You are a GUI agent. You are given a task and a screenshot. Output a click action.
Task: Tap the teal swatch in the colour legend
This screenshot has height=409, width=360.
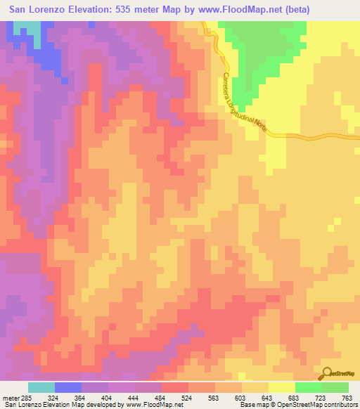[41, 387]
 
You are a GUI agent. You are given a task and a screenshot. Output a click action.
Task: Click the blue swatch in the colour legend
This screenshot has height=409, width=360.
[67, 387]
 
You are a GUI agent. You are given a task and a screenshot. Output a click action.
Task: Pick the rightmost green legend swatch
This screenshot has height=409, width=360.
[335, 387]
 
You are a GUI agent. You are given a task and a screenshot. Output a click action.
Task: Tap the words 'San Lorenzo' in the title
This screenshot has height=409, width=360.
[35, 9]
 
